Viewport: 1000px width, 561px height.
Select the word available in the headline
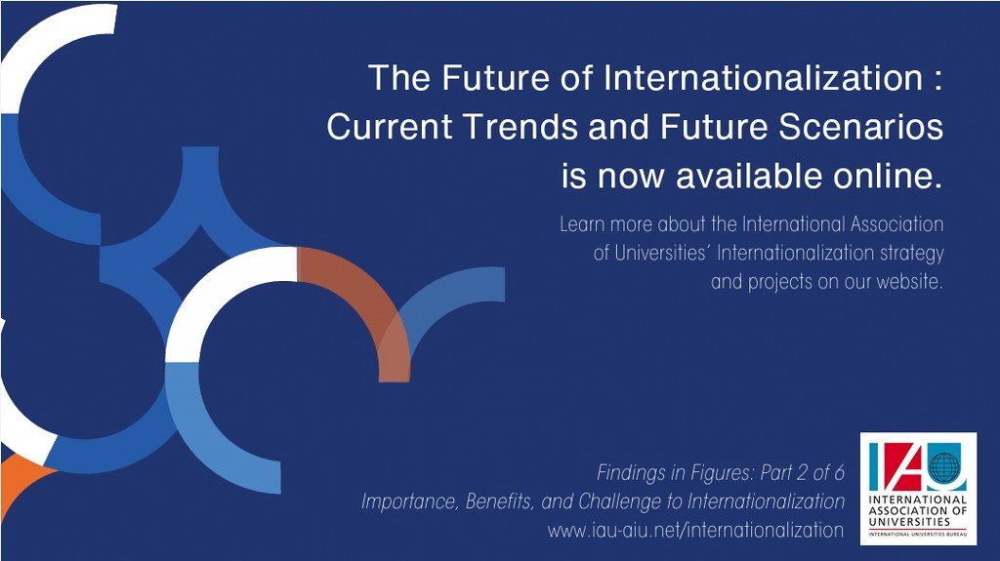[749, 176]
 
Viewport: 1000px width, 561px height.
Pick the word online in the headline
[888, 176]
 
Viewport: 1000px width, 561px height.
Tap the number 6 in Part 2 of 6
[839, 472]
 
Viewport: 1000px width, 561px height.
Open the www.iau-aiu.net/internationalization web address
[695, 530]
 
